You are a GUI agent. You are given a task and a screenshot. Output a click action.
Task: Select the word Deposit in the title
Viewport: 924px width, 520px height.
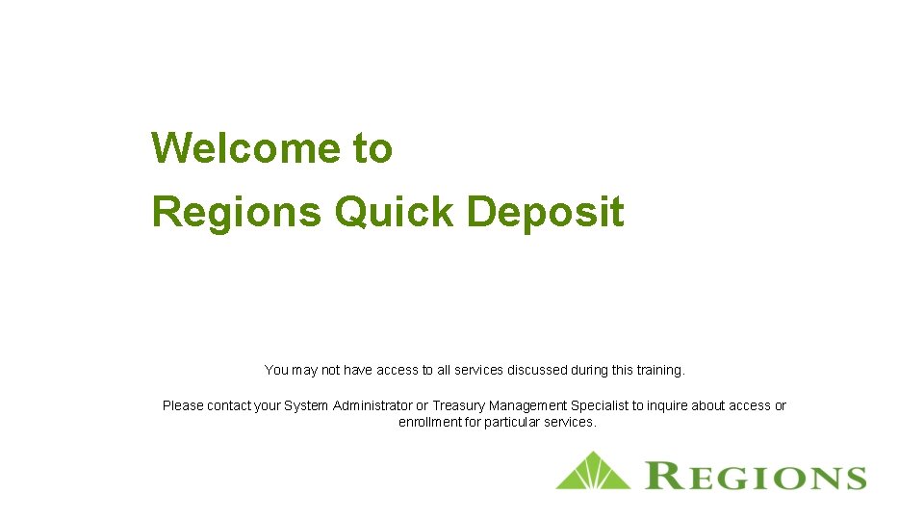(x=545, y=212)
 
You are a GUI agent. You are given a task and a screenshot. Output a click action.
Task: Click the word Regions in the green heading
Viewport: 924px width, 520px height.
(x=236, y=212)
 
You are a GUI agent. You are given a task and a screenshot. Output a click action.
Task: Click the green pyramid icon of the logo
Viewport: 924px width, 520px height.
(x=592, y=471)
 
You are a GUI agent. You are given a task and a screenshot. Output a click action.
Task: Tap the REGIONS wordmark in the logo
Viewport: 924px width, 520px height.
(x=756, y=477)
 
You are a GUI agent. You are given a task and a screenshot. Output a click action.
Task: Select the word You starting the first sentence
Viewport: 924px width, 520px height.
(x=276, y=370)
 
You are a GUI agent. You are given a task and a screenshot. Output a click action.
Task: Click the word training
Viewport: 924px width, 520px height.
(x=658, y=370)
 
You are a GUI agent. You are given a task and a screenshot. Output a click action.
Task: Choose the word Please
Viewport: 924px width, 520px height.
(x=183, y=405)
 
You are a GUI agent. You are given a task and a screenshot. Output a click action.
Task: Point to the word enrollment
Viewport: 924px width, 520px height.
(x=429, y=422)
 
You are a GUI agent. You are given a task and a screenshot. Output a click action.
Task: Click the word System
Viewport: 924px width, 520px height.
(x=306, y=405)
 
